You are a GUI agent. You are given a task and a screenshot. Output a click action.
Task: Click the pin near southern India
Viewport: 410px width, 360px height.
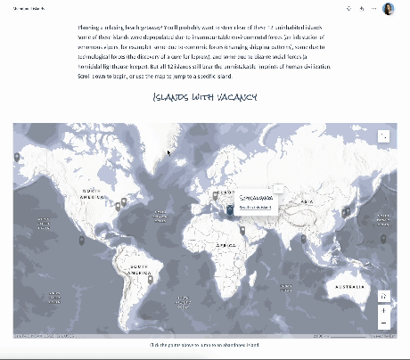pyautogui.click(x=303, y=238)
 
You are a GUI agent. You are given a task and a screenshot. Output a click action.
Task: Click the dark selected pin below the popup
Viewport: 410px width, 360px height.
pyautogui.click(x=229, y=210)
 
